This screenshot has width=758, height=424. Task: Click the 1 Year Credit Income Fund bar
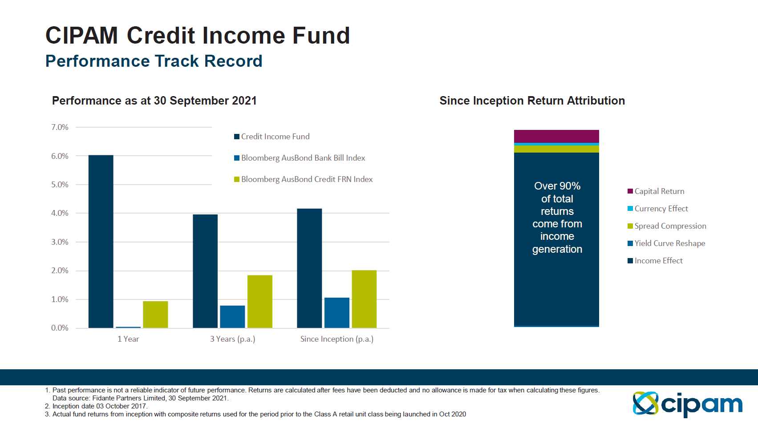click(101, 242)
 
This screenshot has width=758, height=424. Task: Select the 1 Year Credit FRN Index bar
click(155, 315)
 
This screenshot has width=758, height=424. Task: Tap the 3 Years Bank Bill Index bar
click(232, 317)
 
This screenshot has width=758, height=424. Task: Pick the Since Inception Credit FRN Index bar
click(364, 299)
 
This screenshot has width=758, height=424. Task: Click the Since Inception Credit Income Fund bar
click(309, 268)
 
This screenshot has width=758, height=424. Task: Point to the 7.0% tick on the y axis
click(60, 127)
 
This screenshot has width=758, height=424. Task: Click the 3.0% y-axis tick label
click(60, 242)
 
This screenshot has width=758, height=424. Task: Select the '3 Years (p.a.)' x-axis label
click(232, 339)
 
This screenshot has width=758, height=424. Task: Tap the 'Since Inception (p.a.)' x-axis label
click(336, 339)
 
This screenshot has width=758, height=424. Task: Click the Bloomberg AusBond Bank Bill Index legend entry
click(300, 158)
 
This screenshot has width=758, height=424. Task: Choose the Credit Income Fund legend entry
click(272, 137)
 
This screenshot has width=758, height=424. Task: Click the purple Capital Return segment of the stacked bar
click(556, 136)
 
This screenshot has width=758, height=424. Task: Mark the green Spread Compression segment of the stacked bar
click(556, 149)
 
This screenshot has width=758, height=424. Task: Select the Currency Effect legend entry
click(657, 209)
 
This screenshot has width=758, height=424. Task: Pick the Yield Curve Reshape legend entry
click(666, 243)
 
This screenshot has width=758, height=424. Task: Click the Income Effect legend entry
click(655, 261)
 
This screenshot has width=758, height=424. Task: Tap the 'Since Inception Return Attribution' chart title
click(532, 101)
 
